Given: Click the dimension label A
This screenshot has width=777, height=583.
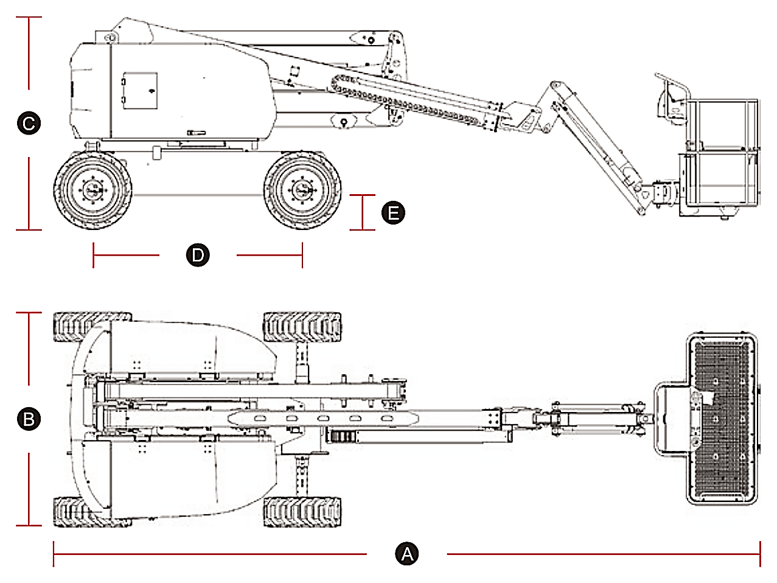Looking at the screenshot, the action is (x=406, y=554).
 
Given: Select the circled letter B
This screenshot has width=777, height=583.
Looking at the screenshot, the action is (x=29, y=419).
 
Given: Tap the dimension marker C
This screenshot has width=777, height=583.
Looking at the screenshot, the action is (x=29, y=123).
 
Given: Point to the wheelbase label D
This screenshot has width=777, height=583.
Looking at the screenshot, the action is (x=198, y=255).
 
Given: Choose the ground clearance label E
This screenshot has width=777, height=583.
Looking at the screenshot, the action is (x=393, y=213).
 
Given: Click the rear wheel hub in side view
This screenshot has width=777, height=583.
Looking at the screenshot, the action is (x=92, y=190).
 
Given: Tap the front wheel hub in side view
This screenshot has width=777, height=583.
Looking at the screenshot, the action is (x=302, y=190).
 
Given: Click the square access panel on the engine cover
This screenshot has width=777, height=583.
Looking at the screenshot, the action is (x=140, y=91).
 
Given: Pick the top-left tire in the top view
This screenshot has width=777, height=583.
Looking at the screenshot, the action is (x=92, y=327).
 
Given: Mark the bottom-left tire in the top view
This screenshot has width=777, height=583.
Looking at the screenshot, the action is (x=92, y=512).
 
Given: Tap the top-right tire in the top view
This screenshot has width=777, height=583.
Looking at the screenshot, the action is (x=302, y=327).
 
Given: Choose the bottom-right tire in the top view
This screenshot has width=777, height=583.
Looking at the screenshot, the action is (x=302, y=512).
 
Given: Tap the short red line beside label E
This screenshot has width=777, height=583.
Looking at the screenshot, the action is (x=363, y=212).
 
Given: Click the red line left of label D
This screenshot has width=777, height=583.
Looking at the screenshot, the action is (x=126, y=255).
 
